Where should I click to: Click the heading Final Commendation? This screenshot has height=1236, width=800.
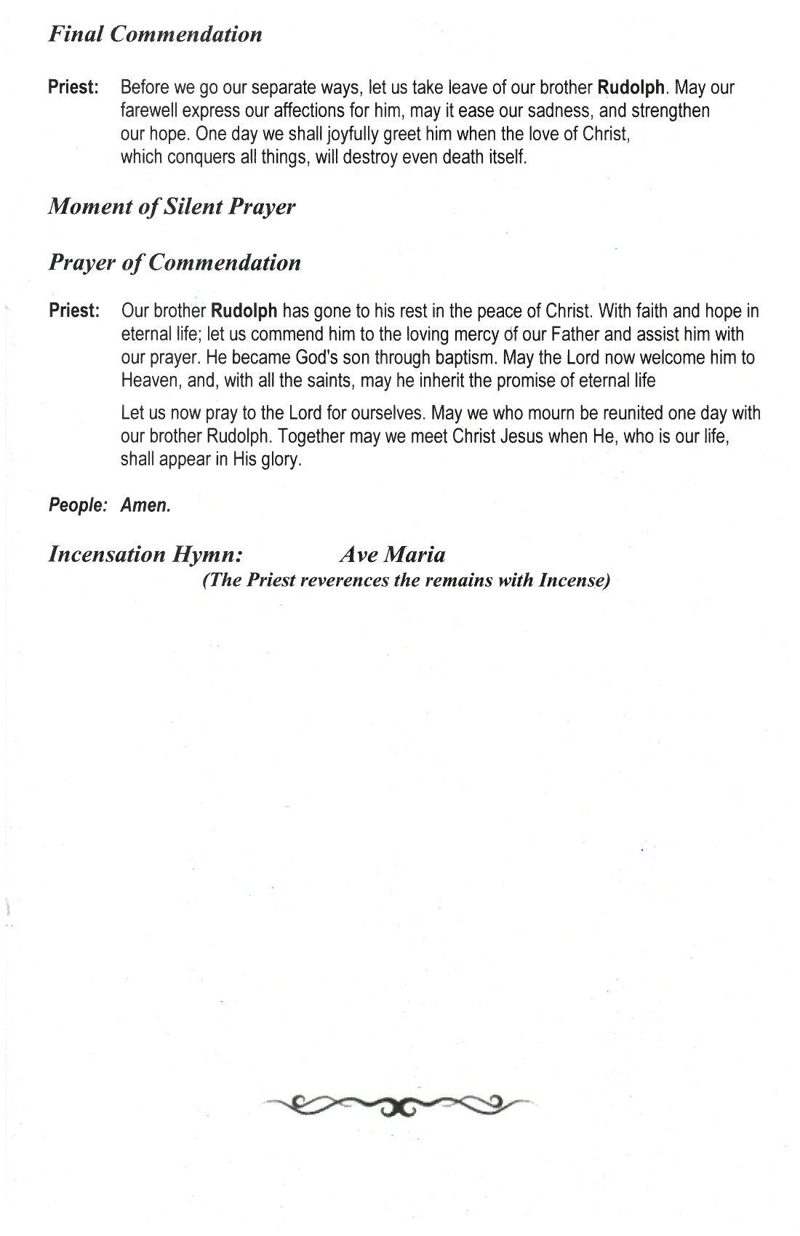(x=155, y=34)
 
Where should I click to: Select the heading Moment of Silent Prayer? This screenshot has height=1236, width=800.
(x=172, y=206)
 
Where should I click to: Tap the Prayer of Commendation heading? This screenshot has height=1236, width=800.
(x=175, y=262)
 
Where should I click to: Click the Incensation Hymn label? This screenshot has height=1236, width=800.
(x=145, y=555)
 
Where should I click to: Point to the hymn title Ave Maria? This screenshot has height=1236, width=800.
(x=392, y=555)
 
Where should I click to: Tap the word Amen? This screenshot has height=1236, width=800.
(x=145, y=505)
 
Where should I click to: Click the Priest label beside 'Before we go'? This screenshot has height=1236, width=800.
(x=73, y=88)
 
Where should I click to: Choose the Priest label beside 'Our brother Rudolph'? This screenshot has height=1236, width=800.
(x=73, y=311)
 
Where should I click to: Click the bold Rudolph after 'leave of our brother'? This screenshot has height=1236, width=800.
(x=631, y=88)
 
